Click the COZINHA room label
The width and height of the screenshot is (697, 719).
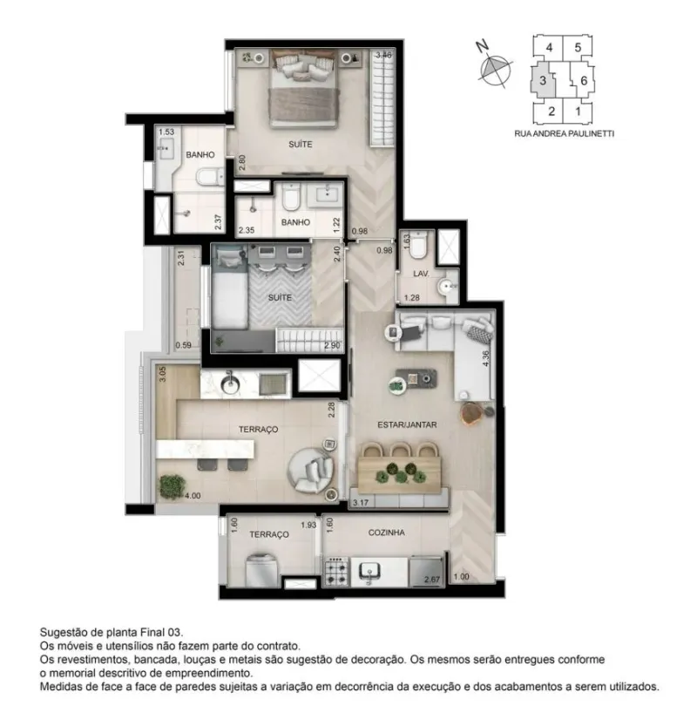[386, 532]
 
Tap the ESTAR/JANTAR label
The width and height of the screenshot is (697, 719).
[407, 425]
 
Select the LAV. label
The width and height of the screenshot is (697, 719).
[421, 274]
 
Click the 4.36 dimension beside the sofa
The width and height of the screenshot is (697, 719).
[486, 357]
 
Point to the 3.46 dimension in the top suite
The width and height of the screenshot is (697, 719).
[383, 55]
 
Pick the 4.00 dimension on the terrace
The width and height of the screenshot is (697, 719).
[193, 496]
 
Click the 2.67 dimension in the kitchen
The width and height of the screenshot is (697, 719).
[432, 580]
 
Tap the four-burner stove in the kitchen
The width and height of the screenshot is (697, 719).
[337, 572]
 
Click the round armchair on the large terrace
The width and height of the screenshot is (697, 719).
[311, 470]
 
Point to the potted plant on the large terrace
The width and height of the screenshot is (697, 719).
[173, 486]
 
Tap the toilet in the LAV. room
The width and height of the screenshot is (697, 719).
[418, 245]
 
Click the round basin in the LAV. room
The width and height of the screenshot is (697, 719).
[445, 287]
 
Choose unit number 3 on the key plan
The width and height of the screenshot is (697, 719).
[543, 81]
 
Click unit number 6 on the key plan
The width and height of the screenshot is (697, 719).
[584, 81]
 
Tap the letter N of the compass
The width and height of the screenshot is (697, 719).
[481, 46]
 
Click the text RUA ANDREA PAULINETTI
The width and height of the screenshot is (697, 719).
[564, 134]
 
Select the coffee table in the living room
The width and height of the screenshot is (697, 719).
[416, 378]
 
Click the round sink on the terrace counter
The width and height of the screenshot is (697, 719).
[230, 384]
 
